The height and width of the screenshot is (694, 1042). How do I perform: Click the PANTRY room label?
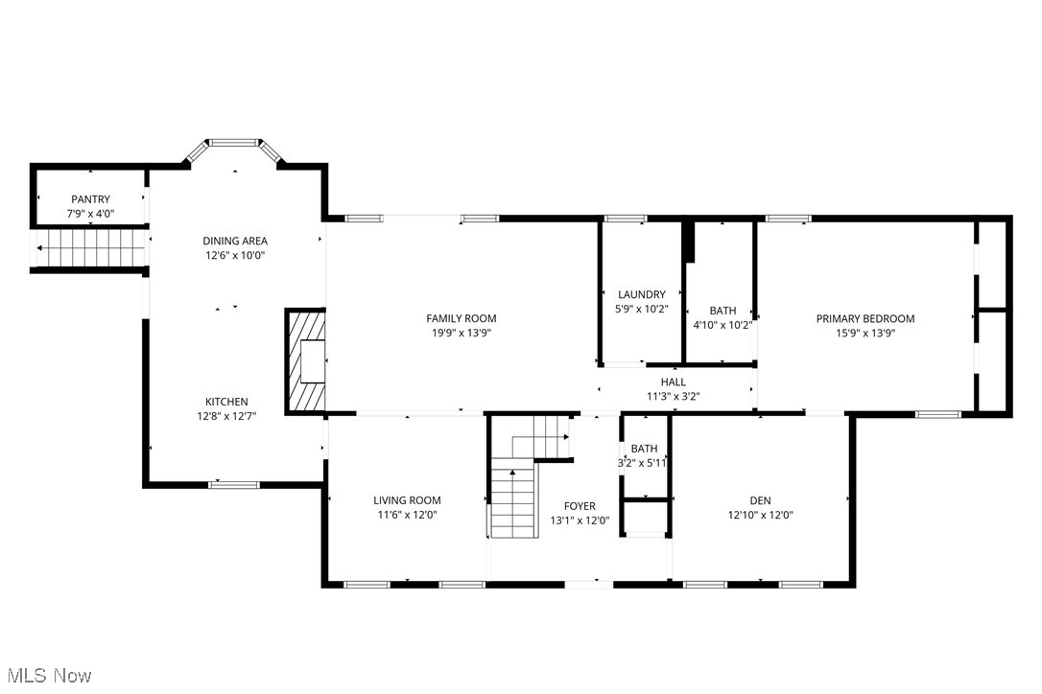[90, 199]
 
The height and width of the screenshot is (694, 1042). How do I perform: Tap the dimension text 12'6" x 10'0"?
[234, 256]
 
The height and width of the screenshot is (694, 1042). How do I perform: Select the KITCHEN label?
[226, 402]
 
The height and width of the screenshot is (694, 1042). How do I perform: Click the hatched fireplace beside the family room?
[306, 360]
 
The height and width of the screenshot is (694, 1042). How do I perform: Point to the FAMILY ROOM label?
[462, 318]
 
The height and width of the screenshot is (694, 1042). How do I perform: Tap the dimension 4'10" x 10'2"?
[722, 325]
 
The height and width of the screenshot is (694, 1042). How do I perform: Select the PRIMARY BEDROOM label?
[865, 318]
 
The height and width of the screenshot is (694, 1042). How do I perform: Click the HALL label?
[673, 382]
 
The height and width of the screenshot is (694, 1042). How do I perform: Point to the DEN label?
[760, 499]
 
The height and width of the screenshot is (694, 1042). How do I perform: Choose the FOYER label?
[580, 506]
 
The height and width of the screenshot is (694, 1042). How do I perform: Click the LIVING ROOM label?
[407, 499]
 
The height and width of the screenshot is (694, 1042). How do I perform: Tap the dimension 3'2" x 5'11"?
[644, 462]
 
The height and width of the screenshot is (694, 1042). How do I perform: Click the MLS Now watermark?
[47, 676]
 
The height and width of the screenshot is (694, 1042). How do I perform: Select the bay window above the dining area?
[234, 144]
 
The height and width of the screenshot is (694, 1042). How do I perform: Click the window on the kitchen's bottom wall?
[222, 484]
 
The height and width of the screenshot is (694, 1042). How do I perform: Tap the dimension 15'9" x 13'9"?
[865, 333]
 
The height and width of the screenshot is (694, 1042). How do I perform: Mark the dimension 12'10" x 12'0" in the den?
[760, 515]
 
